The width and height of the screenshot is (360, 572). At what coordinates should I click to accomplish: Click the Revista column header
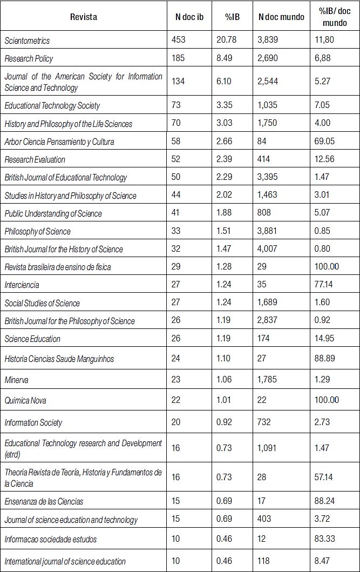(84, 17)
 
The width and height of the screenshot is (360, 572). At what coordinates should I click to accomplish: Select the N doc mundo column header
(281, 17)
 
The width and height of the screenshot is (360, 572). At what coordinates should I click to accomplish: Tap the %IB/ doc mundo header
(335, 17)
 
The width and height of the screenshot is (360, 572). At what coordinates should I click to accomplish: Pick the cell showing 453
(179, 40)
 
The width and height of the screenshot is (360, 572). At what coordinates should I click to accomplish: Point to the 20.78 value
(226, 40)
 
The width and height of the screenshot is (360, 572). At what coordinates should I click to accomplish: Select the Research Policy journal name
(29, 58)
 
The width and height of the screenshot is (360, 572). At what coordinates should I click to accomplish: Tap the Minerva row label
(17, 380)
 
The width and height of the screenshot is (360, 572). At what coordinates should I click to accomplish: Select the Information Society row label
(33, 422)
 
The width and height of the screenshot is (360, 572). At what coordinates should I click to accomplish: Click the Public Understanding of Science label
(53, 213)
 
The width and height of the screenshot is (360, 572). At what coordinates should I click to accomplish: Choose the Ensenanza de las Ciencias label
(44, 501)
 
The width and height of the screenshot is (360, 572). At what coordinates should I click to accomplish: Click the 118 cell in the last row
(263, 561)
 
